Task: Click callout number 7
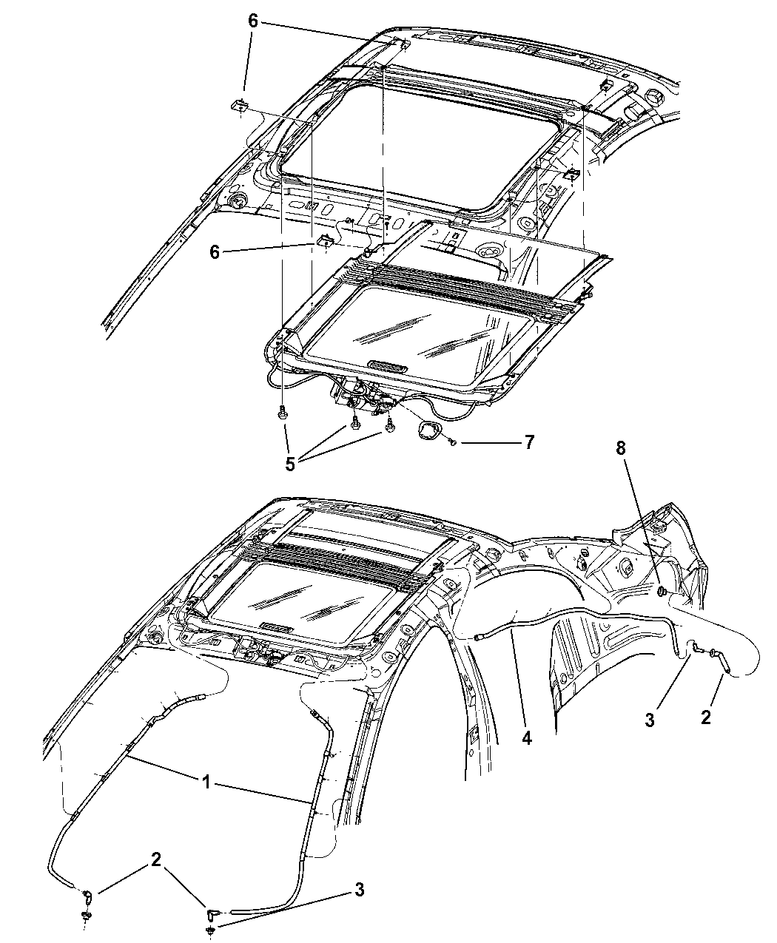tap(528, 443)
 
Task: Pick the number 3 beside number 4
tap(649, 720)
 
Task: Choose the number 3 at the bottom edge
tap(360, 890)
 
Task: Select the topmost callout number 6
tap(253, 21)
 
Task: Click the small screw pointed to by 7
tap(451, 442)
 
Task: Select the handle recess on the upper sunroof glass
tap(387, 365)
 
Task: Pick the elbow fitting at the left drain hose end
tap(88, 898)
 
